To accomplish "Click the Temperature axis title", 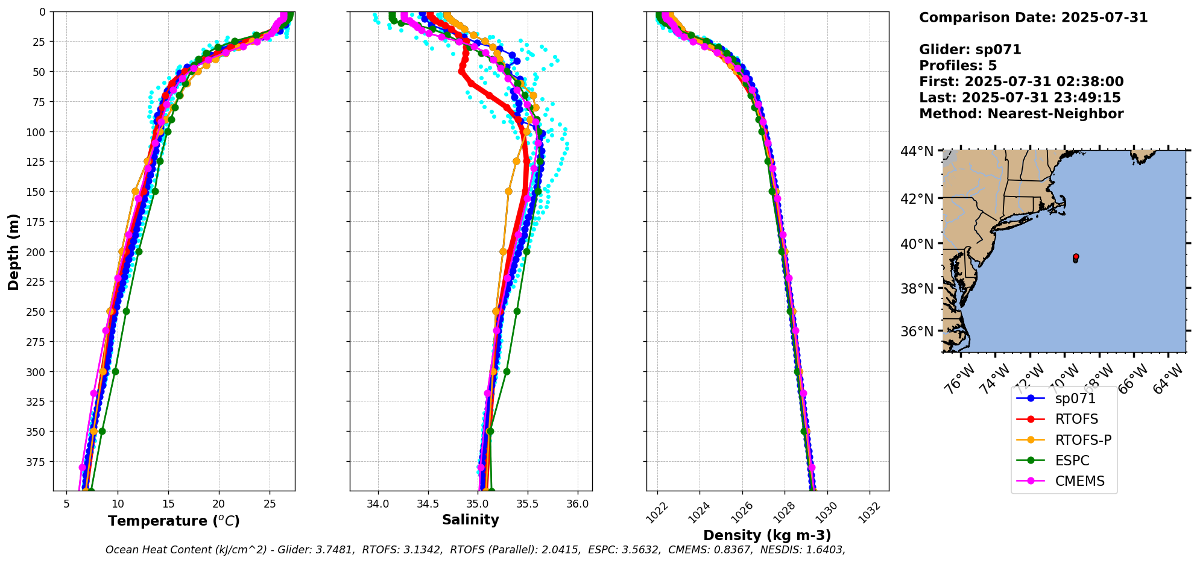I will (174, 521).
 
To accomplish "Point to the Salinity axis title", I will (470, 520).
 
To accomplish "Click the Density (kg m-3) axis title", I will (767, 535).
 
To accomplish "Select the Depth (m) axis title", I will (13, 251).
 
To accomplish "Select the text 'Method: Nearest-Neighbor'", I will (1021, 114).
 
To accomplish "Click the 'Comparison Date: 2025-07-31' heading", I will (1033, 17).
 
